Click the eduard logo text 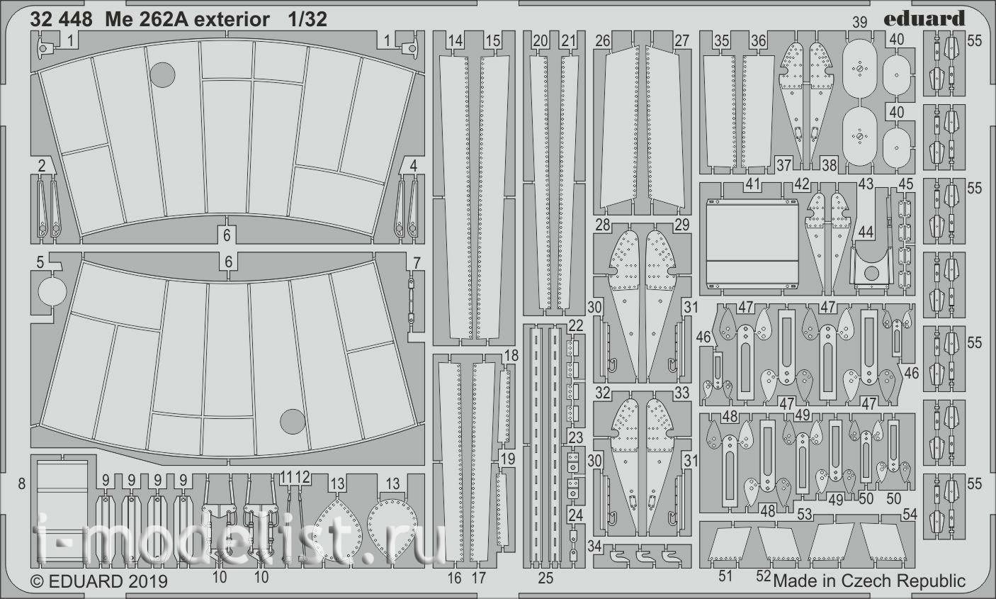(924, 18)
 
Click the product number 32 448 (61, 19)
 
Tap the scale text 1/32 (307, 19)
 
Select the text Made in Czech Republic (869, 581)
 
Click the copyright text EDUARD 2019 (98, 581)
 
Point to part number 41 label (752, 184)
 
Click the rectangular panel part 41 (752, 245)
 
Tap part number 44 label (866, 232)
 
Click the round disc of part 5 (52, 292)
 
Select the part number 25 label (545, 578)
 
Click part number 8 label (22, 483)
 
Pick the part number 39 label (860, 22)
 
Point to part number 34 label (594, 546)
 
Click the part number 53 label (804, 515)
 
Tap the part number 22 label (575, 326)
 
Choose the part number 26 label (603, 41)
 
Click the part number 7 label (417, 263)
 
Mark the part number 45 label (906, 184)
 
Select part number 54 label (910, 515)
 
